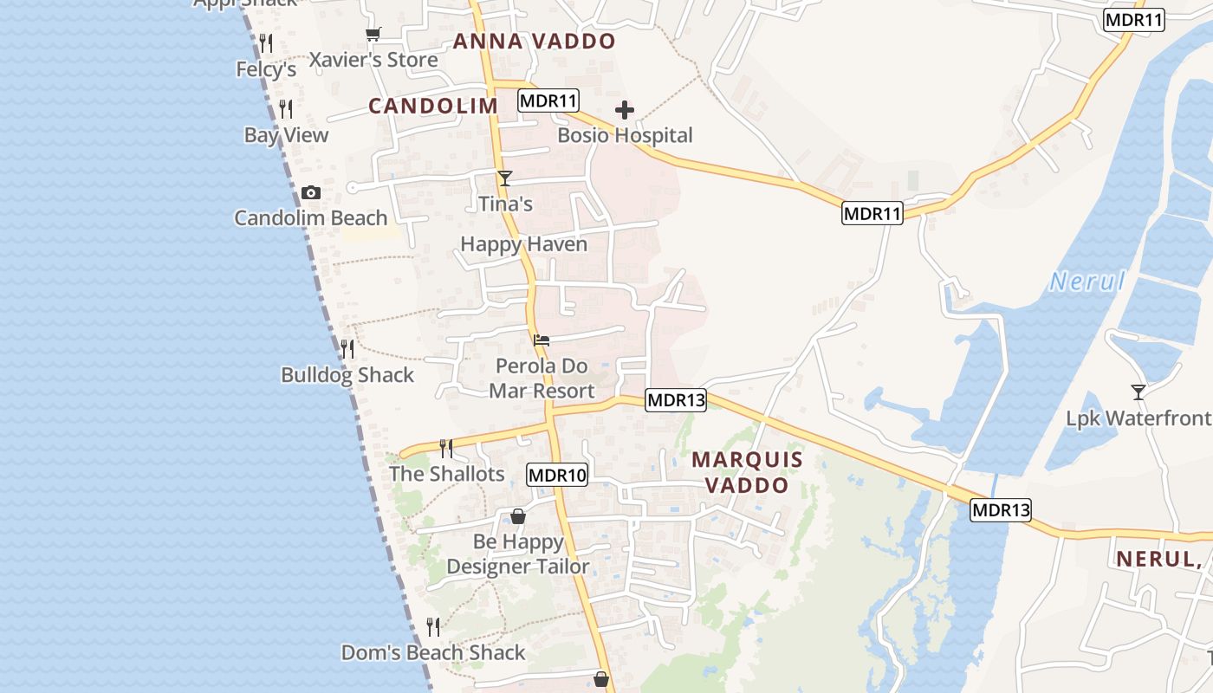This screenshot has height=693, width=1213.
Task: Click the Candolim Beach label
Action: pos(310,217)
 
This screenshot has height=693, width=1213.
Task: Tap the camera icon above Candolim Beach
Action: pos(311,192)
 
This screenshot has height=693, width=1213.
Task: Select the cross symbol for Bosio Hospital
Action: pos(625,110)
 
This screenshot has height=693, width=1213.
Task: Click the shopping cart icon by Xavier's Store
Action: pos(373,35)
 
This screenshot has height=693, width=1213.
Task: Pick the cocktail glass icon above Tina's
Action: pos(505,178)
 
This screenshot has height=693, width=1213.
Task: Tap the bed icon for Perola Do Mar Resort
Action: pos(542,340)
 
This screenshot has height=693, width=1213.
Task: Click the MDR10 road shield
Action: pos(557,475)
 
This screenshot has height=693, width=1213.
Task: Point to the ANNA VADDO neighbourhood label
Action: pos(534,41)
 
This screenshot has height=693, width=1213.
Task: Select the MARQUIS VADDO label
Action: pos(747,472)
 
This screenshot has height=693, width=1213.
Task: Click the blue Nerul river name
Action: pos(1087,282)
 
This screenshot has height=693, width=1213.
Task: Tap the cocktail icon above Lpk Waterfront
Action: pos(1138,392)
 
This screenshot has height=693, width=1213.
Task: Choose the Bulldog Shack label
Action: pos(347,375)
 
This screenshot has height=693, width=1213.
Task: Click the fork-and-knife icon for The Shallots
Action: pos(446,448)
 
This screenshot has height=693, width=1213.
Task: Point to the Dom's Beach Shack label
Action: pos(433,652)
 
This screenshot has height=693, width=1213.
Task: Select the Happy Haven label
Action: pos(523,244)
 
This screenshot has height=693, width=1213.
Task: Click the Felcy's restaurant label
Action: pos(267,69)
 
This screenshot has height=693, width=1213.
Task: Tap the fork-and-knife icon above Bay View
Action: pos(286,109)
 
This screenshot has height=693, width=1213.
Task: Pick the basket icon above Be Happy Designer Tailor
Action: pos(518,516)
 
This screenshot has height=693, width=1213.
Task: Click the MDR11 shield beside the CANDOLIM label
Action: pos(548,100)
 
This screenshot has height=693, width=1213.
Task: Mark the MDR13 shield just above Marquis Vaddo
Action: pos(676,400)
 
